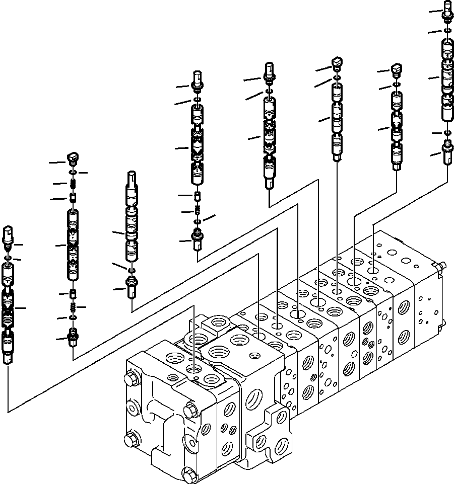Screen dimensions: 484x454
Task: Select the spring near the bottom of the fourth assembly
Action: click(197, 210)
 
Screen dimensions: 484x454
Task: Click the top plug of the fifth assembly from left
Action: click(270, 70)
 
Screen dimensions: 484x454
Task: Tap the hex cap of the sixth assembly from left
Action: click(337, 63)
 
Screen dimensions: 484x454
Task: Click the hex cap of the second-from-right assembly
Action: click(397, 68)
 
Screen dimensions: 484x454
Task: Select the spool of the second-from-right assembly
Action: click(397, 128)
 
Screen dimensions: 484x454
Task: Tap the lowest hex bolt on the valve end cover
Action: click(190, 474)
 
